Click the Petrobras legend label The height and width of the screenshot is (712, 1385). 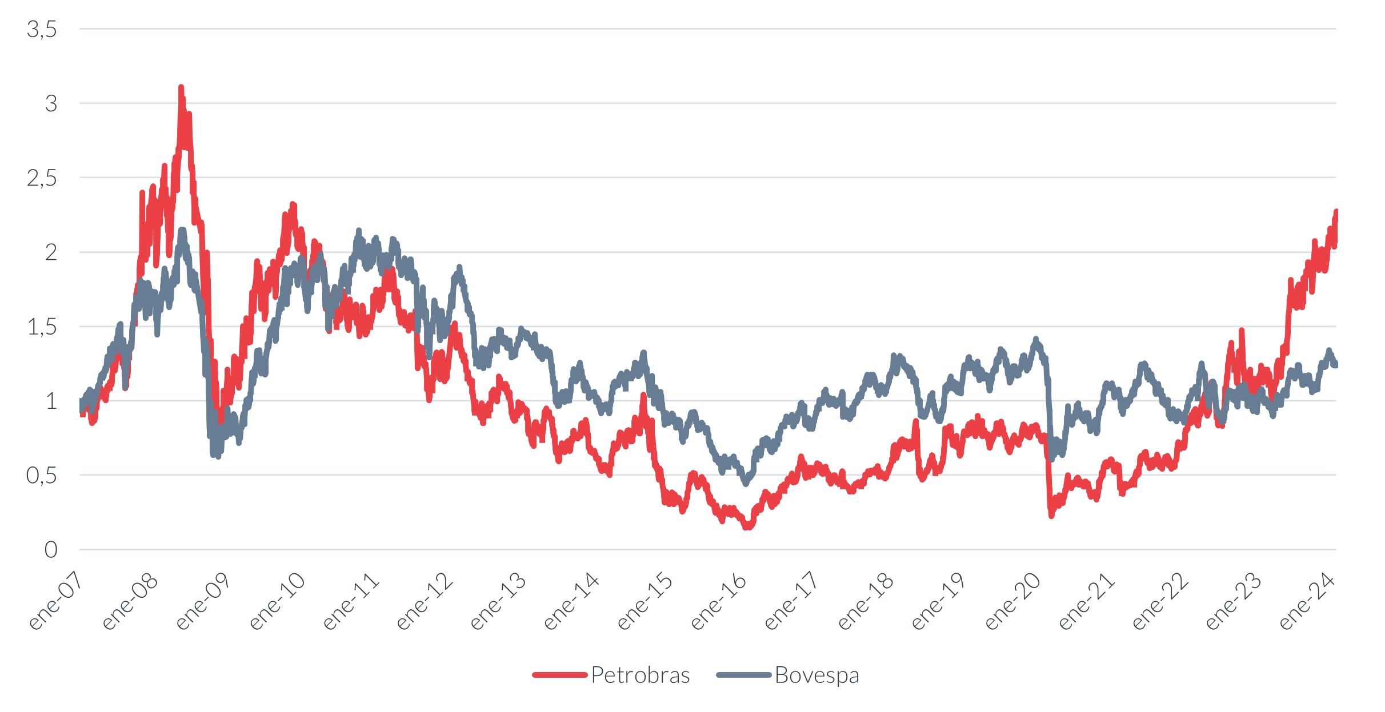click(640, 675)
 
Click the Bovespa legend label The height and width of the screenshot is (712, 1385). click(816, 675)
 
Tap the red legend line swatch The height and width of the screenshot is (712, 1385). click(559, 675)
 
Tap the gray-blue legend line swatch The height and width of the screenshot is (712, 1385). click(743, 675)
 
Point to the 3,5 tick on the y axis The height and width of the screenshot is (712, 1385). click(42, 29)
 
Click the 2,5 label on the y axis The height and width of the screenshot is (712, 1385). click(42, 178)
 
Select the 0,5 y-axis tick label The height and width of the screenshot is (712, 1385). click(42, 475)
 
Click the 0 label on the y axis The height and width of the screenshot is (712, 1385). click(51, 550)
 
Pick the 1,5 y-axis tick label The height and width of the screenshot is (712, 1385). click(42, 327)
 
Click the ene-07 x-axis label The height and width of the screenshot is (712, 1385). click(55, 601)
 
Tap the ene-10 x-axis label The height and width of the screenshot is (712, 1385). click(277, 601)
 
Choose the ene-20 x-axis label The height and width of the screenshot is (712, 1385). click(1012, 601)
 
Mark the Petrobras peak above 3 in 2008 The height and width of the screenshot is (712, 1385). click(181, 88)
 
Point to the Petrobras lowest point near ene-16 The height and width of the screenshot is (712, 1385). click(747, 527)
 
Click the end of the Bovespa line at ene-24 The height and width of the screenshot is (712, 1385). click(1335, 364)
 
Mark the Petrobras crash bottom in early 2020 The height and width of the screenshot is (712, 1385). click(1051, 515)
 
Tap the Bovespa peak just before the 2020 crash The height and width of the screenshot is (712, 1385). click(1035, 340)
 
